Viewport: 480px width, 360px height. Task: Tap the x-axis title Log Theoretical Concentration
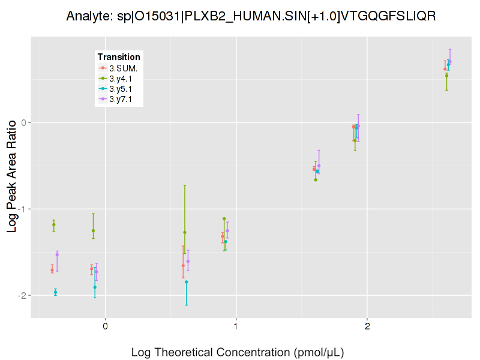tap(238, 352)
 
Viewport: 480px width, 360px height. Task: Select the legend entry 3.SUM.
tap(123, 68)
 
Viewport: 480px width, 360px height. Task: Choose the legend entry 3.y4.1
tap(123, 78)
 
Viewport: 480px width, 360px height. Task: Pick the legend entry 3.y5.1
tap(123, 89)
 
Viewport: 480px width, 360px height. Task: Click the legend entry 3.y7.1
tap(123, 99)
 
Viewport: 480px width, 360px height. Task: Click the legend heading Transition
tap(119, 57)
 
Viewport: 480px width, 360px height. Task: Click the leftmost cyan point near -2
tap(55, 292)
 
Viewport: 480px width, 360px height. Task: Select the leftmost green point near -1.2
tap(54, 224)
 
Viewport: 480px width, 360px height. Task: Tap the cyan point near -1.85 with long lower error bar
tap(186, 281)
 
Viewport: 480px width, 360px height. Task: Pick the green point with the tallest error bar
tap(185, 232)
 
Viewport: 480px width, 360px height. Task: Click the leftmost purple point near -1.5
tap(57, 254)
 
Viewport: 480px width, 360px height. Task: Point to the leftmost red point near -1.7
tap(52, 270)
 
